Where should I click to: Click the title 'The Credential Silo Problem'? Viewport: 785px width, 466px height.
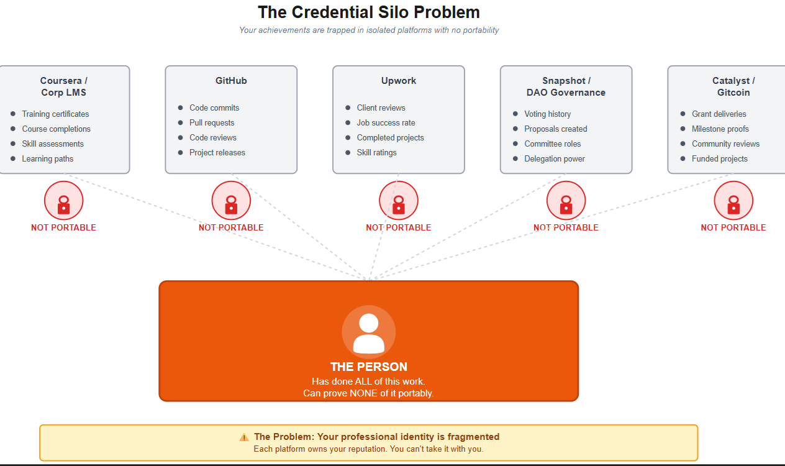click(369, 12)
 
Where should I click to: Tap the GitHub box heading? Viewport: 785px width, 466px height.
click(231, 81)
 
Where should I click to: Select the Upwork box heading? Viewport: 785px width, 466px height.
click(399, 81)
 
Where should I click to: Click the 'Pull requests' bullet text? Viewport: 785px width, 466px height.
click(212, 123)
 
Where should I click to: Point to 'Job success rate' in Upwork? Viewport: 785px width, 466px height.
click(386, 123)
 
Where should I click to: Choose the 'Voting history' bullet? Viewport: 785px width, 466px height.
click(547, 114)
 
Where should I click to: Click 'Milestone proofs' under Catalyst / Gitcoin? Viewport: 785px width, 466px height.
click(720, 129)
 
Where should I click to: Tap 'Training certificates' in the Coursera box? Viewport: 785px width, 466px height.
click(55, 114)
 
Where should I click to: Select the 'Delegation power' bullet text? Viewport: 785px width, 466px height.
click(555, 159)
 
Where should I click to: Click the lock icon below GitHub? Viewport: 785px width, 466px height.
click(231, 204)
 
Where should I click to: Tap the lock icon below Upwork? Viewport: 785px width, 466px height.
click(399, 204)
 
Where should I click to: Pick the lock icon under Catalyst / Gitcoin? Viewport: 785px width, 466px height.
click(733, 204)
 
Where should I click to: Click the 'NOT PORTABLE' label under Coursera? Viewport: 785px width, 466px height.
click(63, 228)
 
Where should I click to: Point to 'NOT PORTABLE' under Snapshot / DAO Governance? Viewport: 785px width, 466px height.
click(566, 228)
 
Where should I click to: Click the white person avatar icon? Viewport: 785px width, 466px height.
click(369, 333)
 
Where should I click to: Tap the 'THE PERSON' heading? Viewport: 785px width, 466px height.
click(369, 367)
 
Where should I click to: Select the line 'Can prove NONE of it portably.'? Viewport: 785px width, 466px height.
click(368, 393)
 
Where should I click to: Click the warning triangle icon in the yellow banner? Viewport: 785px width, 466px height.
click(244, 437)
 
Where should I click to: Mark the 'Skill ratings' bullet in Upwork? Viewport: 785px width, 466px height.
click(376, 153)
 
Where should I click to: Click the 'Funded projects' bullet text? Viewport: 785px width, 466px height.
click(719, 159)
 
